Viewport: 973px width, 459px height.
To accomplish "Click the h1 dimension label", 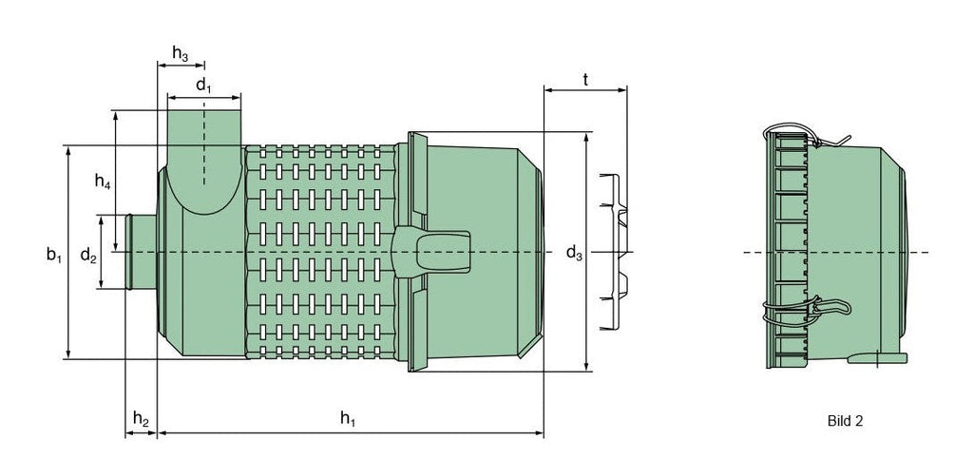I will [x=348, y=419].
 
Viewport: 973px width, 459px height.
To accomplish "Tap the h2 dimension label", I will [x=140, y=418].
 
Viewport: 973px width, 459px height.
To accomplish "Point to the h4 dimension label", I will [x=103, y=183].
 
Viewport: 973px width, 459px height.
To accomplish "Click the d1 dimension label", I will [x=203, y=86].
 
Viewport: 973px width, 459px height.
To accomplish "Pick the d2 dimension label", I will [x=87, y=255].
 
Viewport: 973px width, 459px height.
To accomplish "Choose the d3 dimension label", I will [x=574, y=253].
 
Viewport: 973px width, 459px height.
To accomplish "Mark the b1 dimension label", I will [x=54, y=254].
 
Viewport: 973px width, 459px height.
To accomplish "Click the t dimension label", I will [x=585, y=81].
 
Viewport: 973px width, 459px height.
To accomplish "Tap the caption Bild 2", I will [x=844, y=419].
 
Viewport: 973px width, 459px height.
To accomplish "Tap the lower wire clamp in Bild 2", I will [x=808, y=310].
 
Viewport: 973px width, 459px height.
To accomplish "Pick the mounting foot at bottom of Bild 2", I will [x=878, y=358].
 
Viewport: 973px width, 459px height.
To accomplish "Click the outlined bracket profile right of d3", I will [x=614, y=253].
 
